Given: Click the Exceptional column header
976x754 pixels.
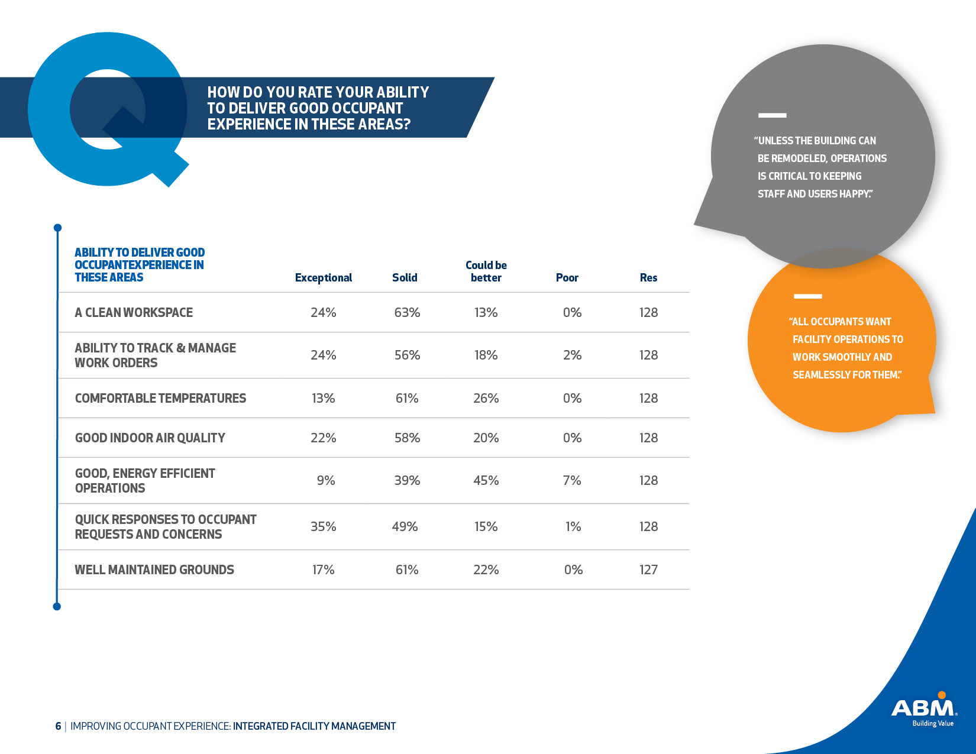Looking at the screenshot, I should (x=323, y=277).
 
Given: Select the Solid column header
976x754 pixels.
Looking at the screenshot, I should (x=405, y=277).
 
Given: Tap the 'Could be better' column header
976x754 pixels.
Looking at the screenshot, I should (x=486, y=271).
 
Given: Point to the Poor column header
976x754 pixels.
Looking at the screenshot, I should (x=567, y=277).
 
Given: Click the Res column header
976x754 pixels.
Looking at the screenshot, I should (x=648, y=277).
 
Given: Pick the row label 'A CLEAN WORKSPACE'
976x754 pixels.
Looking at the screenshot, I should (x=134, y=312).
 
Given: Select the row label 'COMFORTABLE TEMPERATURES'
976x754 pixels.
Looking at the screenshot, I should (x=160, y=398).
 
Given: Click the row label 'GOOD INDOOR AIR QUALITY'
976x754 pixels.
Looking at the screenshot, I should (x=150, y=438).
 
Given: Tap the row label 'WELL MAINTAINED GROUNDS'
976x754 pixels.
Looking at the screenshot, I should (x=154, y=569).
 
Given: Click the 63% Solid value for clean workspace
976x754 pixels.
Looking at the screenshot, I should (x=407, y=312).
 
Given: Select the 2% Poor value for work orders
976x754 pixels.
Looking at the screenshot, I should (x=572, y=355).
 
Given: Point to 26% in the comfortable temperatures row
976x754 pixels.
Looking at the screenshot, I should (x=486, y=398).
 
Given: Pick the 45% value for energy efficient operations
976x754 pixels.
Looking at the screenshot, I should (x=486, y=480).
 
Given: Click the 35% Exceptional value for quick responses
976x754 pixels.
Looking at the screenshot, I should (x=323, y=526).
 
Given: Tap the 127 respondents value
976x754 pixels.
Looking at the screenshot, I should (x=648, y=569).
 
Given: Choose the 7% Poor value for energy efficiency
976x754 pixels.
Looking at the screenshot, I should (x=571, y=480).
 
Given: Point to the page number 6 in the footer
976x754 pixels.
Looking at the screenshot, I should (x=58, y=726).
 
